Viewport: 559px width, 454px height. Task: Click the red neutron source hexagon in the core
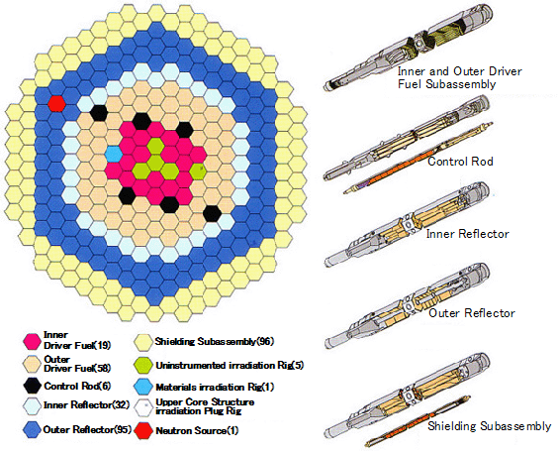56,104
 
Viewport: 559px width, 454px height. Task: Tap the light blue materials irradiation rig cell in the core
114,154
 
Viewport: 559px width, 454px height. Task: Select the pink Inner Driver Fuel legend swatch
32,341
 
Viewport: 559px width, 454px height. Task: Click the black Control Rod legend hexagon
32,387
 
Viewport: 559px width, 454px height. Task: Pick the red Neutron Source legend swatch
143,430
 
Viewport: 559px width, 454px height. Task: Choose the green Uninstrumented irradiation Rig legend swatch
143,365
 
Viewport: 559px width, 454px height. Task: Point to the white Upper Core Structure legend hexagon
143,407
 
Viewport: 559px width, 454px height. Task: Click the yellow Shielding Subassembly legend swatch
143,342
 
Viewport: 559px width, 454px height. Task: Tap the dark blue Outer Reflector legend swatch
32,429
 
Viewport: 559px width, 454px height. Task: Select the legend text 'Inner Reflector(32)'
86,405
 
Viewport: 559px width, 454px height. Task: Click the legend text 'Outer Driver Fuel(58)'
77,364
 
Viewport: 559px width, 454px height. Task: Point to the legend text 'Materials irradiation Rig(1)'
215,388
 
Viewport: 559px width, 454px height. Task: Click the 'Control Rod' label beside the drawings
460,162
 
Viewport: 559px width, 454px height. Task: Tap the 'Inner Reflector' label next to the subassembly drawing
467,234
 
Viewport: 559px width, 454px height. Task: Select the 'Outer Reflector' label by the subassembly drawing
472,313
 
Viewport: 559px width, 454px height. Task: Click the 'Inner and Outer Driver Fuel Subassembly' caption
459,78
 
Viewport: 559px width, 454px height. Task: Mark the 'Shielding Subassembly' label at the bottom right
489,426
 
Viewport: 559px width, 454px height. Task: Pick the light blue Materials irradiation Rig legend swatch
143,387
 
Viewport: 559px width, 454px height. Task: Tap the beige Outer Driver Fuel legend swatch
32,364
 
